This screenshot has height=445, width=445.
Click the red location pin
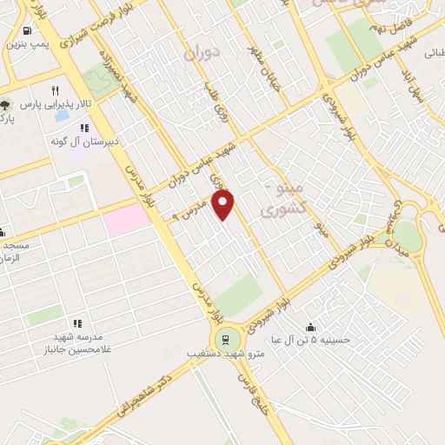224,205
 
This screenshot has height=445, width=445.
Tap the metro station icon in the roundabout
225,339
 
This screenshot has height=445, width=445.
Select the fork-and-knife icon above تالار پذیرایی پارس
56,90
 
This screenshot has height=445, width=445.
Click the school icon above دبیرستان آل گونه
84,129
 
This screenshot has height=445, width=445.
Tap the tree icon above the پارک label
4,103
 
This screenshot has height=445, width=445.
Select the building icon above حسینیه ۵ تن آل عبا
310,326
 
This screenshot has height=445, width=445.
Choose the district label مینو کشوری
283,199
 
